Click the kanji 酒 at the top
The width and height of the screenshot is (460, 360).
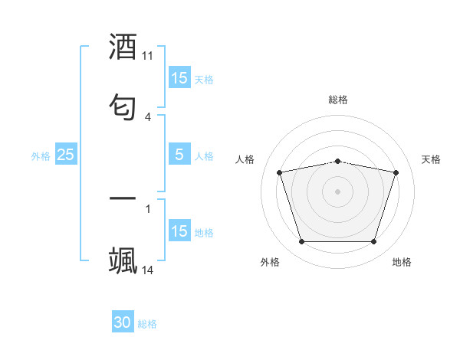[x=123, y=47]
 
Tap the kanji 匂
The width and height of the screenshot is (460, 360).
[x=123, y=104]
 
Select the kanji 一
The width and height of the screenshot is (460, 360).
[x=123, y=200]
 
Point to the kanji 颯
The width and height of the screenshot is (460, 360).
[x=123, y=259]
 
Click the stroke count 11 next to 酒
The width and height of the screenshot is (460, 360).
[x=148, y=56]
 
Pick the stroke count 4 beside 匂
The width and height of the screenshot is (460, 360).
[x=148, y=116]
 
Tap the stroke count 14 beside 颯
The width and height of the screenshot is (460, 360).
[x=148, y=270]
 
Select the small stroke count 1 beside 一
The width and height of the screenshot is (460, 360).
[x=148, y=208]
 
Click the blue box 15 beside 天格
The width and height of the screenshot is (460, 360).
[x=179, y=78]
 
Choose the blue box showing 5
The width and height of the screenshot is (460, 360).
[x=179, y=155]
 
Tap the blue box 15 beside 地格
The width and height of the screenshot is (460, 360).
[x=179, y=231]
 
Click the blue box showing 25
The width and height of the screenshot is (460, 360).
[x=66, y=155]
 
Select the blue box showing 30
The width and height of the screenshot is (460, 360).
[x=123, y=322]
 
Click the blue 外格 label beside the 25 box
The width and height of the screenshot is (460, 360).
[x=41, y=156]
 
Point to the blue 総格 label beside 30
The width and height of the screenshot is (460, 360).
[x=147, y=324]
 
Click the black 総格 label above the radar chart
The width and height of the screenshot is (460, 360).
[x=337, y=100]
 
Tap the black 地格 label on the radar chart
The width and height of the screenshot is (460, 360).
[x=402, y=262]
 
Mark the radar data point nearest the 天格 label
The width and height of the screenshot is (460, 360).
[x=396, y=172]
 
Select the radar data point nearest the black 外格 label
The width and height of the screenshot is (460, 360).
[x=301, y=242]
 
